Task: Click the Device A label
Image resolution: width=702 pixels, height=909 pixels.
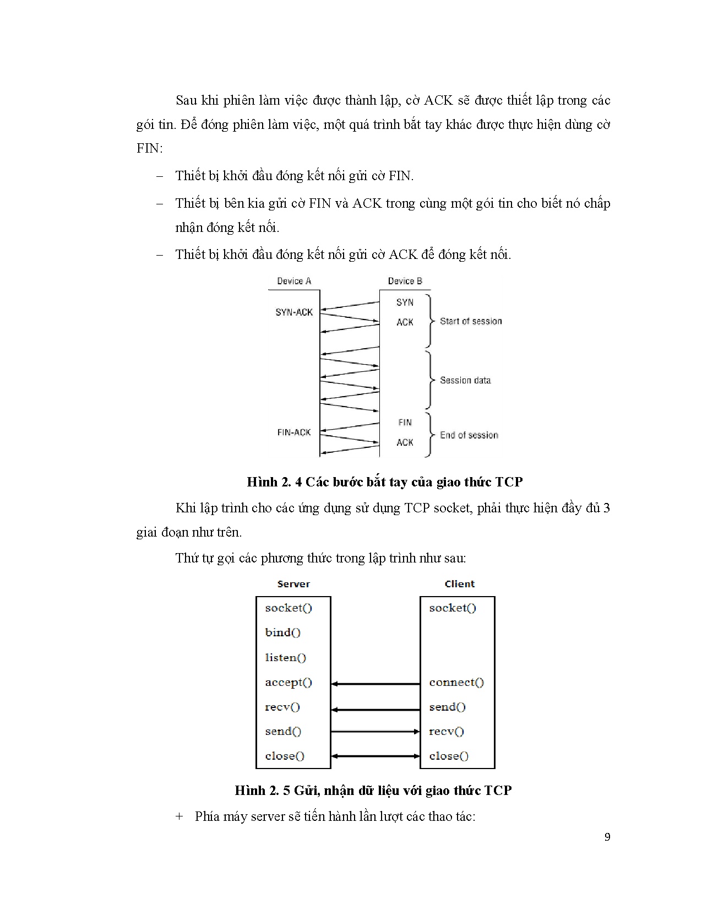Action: tap(294, 281)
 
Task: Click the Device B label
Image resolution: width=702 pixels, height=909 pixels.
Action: tap(405, 281)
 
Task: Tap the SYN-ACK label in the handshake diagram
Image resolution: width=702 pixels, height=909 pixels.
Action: tap(294, 312)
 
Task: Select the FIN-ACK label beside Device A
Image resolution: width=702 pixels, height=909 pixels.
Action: tap(294, 432)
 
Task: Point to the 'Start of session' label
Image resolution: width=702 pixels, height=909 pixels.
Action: tap(471, 321)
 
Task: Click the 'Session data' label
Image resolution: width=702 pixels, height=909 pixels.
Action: tap(465, 380)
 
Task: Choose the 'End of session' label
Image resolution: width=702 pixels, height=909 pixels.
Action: tap(469, 435)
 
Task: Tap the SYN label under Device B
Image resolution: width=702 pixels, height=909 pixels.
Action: tap(405, 302)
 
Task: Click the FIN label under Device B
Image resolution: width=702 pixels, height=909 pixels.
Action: tap(405, 423)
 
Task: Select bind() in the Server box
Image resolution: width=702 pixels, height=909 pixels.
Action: tap(282, 632)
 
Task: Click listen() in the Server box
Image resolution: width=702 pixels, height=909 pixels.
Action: tap(285, 657)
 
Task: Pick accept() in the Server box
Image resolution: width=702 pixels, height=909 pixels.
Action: tap(289, 683)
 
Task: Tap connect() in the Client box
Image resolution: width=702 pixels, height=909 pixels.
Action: tap(456, 683)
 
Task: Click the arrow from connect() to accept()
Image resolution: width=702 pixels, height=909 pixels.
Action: tap(376, 684)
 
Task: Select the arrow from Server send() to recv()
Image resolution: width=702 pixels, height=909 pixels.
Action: tap(376, 732)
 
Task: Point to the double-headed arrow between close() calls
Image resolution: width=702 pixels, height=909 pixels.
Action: tap(376, 756)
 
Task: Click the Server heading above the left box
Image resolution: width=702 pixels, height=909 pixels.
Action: tap(293, 584)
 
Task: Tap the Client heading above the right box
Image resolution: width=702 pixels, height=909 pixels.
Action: tap(459, 584)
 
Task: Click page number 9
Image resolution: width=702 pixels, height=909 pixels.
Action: tap(607, 838)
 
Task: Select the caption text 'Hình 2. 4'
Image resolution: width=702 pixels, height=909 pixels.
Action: tap(273, 482)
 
